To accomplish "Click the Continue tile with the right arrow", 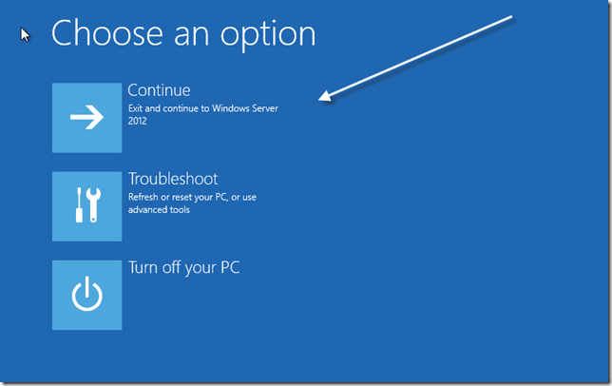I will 86,117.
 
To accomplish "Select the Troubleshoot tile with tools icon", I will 86,205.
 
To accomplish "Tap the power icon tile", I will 86,295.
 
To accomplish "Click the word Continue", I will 159,90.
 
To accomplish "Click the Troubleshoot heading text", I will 173,179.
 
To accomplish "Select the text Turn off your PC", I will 183,267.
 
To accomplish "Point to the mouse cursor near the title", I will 26,34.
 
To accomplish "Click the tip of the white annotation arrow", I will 321,98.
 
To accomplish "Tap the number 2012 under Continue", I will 139,122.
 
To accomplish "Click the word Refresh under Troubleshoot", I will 144,197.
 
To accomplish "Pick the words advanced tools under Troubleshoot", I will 159,209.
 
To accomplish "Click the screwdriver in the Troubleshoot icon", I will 79,205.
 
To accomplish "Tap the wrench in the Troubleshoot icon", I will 94,205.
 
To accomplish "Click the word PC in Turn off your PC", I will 229,267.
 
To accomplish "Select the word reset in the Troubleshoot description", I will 185,197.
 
